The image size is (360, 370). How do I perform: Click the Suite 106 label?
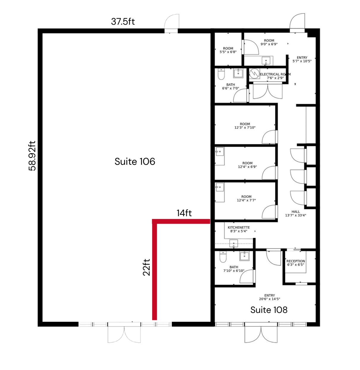135,162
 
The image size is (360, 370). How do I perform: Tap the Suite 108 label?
269,310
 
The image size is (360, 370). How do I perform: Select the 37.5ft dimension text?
123,21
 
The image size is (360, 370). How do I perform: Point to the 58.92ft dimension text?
32,156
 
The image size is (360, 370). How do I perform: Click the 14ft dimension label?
184,213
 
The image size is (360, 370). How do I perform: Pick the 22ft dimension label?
146,267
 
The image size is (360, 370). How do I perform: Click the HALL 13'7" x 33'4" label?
296,214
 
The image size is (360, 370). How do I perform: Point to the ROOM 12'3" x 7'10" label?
245,126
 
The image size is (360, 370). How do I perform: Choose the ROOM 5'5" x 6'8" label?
228,50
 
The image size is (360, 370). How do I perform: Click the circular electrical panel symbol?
254,73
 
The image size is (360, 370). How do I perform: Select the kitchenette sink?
234,244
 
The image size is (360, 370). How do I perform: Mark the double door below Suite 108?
261,334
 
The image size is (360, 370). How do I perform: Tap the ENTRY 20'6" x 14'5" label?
269,297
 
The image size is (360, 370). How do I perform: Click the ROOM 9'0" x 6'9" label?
269,42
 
